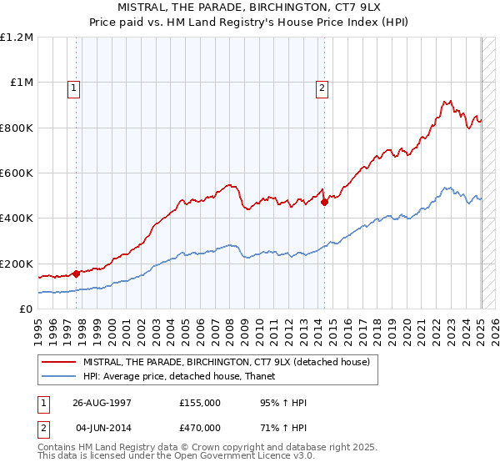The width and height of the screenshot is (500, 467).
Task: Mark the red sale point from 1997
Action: [x=77, y=273]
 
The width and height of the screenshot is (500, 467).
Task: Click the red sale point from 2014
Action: [x=324, y=202]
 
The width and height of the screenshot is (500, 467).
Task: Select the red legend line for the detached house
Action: [x=58, y=362]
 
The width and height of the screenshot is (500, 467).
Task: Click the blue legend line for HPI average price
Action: [x=58, y=376]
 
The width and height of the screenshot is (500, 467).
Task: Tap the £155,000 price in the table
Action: [x=200, y=402]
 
